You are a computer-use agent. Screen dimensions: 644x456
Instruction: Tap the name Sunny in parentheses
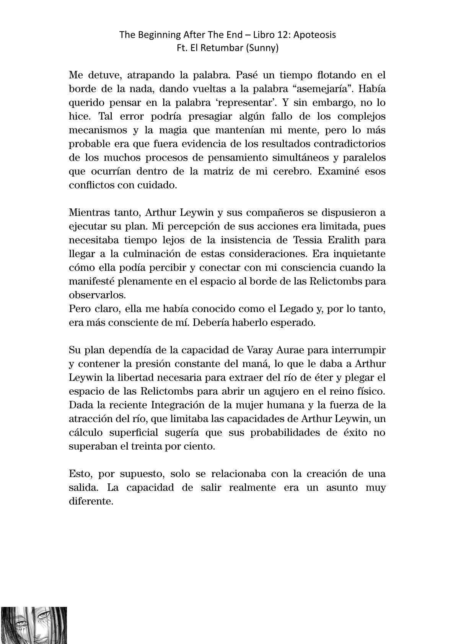[x=264, y=49]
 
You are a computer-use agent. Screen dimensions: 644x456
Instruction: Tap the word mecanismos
[x=98, y=130]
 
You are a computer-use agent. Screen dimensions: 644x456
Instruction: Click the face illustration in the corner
[x=34, y=625]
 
